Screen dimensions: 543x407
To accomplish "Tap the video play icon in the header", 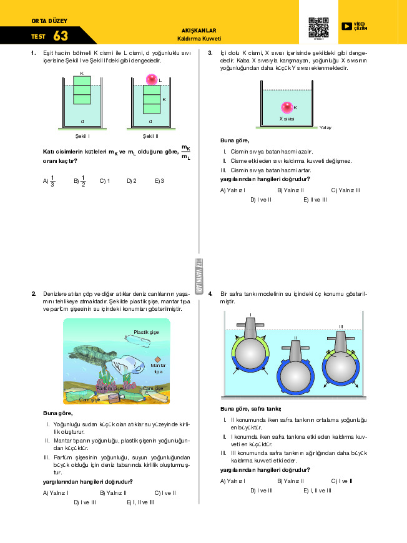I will pyautogui.click(x=346, y=26).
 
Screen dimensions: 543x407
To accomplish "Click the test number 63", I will pyautogui.click(x=61, y=36).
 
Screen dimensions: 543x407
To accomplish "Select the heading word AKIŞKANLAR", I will pyautogui.click(x=198, y=30).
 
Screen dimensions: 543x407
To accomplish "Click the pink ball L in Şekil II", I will pyautogui.click(x=152, y=79).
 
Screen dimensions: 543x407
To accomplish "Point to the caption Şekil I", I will pyautogui.click(x=82, y=135).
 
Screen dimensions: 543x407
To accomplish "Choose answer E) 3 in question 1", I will pyautogui.click(x=159, y=181).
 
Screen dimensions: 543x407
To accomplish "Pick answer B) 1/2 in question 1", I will pyautogui.click(x=79, y=181).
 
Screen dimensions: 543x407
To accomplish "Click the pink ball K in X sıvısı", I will pyautogui.click(x=287, y=107).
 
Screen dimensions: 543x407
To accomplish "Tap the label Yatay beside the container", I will pyautogui.click(x=325, y=127).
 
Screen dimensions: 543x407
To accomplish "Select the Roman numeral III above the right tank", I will pyautogui.click(x=341, y=326).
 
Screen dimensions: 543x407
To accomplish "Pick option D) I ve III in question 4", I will pyautogui.click(x=262, y=491).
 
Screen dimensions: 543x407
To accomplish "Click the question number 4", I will pyautogui.click(x=210, y=293).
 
